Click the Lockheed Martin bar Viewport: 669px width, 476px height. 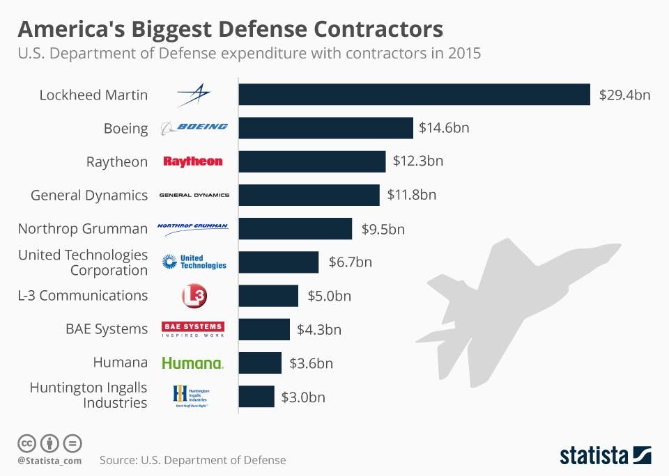pyautogui.click(x=414, y=95)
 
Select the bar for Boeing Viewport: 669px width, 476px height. pyautogui.click(x=325, y=128)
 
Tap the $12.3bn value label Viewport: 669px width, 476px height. pyautogui.click(x=417, y=161)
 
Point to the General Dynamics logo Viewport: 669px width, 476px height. pyautogui.click(x=194, y=195)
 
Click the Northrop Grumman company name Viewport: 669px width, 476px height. pyautogui.click(x=83, y=228)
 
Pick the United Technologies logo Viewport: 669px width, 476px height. pyautogui.click(x=194, y=262)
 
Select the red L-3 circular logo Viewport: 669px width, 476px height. pyautogui.click(x=194, y=296)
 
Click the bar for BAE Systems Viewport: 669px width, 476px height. pyautogui.click(x=264, y=329)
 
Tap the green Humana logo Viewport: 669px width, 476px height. pyautogui.click(x=192, y=363)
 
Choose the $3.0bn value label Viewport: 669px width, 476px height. pyautogui.click(x=303, y=397)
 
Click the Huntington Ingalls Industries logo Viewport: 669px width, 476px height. pyautogui.click(x=191, y=396)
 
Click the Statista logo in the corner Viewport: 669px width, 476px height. pyautogui.click(x=605, y=456)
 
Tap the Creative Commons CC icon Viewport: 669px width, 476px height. pyautogui.click(x=26, y=443)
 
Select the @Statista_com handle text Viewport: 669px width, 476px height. pyautogui.click(x=49, y=461)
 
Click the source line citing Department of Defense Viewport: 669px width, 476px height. pyautogui.click(x=192, y=460)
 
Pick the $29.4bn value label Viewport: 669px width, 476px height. pyautogui.click(x=624, y=95)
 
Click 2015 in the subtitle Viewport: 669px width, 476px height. pyautogui.click(x=464, y=53)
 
